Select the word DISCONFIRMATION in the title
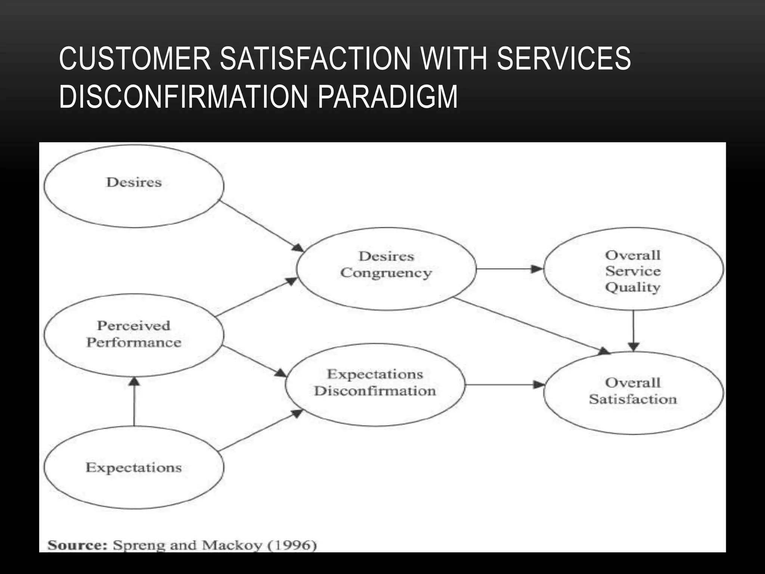[183, 97]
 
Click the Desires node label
[134, 182]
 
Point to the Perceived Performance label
[134, 334]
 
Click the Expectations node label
[134, 467]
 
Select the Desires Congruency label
[386, 265]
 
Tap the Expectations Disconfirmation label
[375, 382]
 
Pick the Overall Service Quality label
[633, 271]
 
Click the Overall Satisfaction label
[633, 391]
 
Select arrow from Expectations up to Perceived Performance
[134, 402]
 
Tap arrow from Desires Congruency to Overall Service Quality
[510, 269]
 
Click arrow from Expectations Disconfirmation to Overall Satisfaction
[504, 385]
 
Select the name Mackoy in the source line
[232, 545]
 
